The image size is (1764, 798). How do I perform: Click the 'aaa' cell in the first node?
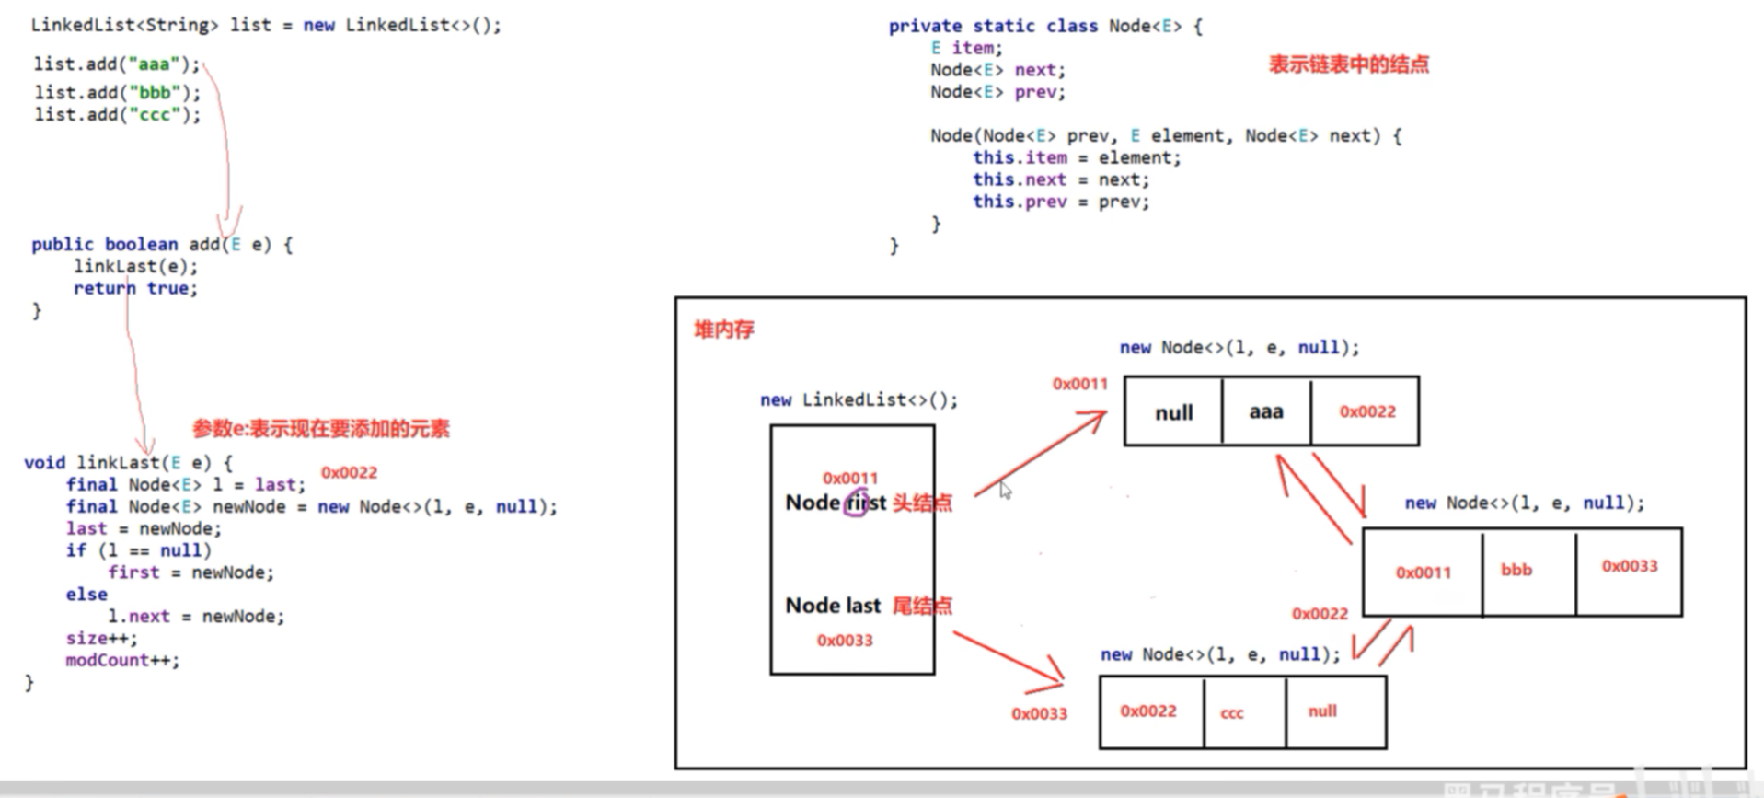(1266, 411)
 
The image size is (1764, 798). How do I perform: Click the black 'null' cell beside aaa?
(1173, 412)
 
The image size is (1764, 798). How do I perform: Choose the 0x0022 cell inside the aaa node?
(1366, 411)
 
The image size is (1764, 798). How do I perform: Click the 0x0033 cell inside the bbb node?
(1629, 567)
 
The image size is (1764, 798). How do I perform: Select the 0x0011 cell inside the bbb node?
(1423, 572)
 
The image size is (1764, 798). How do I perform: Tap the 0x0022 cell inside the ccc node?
(1148, 711)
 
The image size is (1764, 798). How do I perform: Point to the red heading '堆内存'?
(724, 330)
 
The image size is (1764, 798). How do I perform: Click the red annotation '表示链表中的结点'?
(1348, 64)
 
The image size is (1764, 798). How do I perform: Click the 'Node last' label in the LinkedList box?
(833, 605)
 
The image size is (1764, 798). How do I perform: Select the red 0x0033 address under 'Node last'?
(844, 641)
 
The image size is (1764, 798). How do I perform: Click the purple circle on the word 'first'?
(856, 503)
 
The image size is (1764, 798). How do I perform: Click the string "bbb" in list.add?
(153, 93)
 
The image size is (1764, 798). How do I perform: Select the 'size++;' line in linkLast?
(101, 638)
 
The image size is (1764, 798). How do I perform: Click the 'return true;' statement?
(135, 288)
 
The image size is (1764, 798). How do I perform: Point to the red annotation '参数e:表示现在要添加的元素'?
(320, 429)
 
